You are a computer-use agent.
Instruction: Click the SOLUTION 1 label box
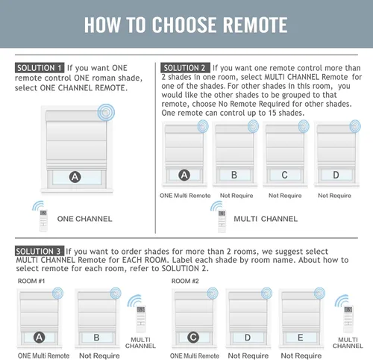tap(40, 68)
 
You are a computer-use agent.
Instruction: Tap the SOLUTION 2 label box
tap(185, 68)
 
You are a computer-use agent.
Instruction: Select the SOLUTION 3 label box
tap(40, 251)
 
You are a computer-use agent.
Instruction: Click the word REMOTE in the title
tap(255, 25)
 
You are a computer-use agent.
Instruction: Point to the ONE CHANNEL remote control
tap(43, 220)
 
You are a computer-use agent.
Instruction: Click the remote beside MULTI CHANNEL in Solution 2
tap(222, 221)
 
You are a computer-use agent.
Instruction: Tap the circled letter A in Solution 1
tap(75, 177)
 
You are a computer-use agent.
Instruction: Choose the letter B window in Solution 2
tap(234, 175)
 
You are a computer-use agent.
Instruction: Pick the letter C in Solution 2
tap(284, 175)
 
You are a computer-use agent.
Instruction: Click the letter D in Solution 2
tap(336, 175)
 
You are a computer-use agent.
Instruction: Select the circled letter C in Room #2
tap(193, 338)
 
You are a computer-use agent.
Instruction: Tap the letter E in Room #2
tap(301, 338)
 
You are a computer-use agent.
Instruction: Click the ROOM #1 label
tap(31, 281)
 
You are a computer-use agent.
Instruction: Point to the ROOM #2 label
tap(185, 281)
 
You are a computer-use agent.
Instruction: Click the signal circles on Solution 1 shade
tap(106, 112)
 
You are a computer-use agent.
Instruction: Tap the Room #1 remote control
tap(141, 319)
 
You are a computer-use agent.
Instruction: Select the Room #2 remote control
tap(348, 319)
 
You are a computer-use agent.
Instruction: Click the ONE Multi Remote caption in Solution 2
tap(185, 196)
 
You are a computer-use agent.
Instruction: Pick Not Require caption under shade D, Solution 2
tap(334, 196)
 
